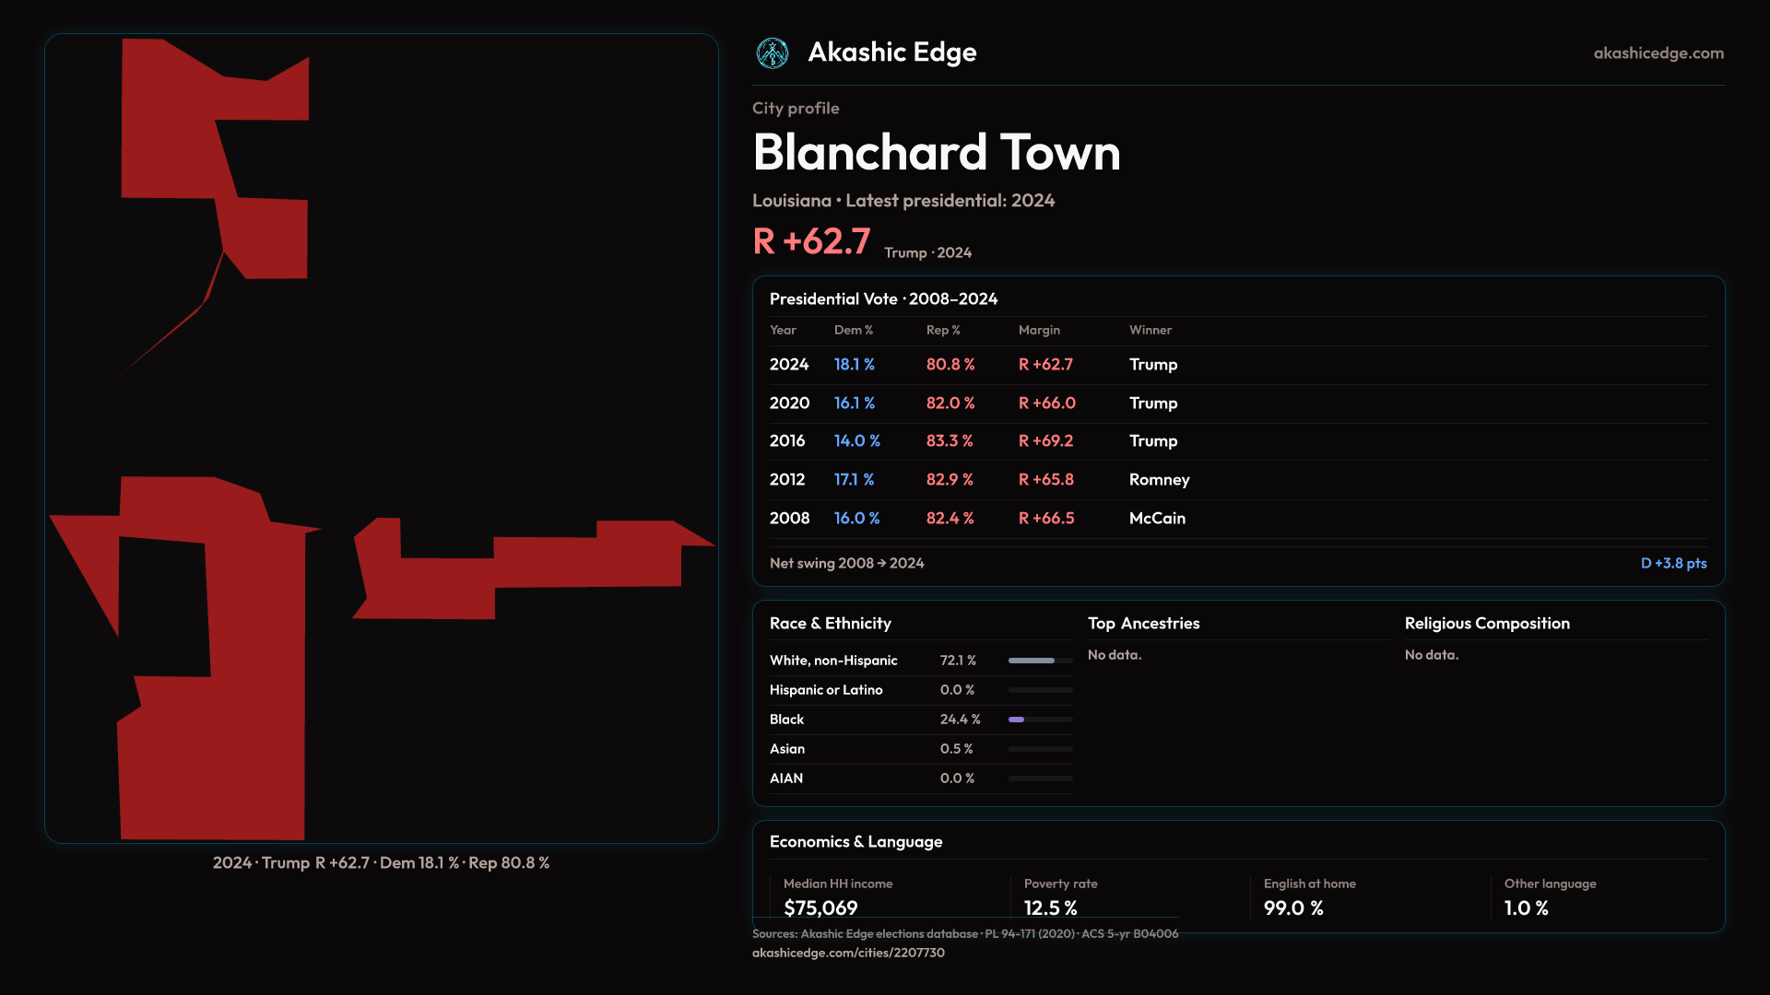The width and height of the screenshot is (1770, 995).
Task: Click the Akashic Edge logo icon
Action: point(773,53)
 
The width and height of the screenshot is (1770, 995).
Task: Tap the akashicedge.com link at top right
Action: point(1658,53)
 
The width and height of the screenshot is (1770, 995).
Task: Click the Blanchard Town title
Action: point(936,152)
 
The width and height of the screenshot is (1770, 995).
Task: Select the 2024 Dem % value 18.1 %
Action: point(854,365)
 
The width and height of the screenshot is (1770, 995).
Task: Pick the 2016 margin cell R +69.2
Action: point(1045,441)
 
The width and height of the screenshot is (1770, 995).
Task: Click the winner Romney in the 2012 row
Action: point(1159,480)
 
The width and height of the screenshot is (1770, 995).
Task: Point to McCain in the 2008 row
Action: point(1157,519)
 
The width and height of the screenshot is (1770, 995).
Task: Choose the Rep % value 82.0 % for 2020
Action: point(950,404)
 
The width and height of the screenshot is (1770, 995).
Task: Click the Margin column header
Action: point(1039,330)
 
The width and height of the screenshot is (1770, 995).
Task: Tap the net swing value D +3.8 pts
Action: point(1673,563)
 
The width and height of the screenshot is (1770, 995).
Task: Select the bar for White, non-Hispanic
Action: point(1040,661)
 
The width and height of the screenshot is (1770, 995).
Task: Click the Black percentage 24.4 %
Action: point(960,720)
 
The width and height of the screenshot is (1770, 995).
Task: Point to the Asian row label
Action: point(787,749)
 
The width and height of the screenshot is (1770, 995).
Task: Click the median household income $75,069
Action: point(820,907)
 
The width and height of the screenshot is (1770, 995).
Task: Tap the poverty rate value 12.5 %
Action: point(1050,907)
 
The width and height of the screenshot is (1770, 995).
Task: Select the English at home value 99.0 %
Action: point(1293,907)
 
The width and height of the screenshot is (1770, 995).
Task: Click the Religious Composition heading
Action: point(1487,624)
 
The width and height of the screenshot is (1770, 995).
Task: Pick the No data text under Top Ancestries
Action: point(1115,655)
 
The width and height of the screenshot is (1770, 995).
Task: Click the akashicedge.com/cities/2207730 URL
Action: point(848,953)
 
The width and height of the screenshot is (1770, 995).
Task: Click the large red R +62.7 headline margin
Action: point(811,242)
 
